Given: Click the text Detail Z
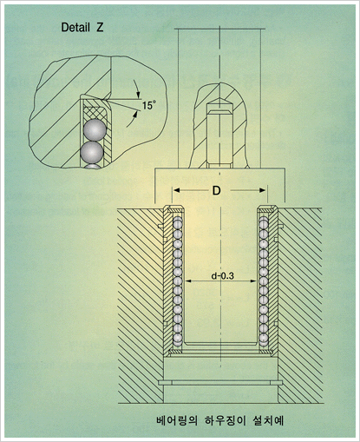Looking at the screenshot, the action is tap(82, 27).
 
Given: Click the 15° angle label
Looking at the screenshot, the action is tap(147, 105).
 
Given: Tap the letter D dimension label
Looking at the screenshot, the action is tap(216, 190).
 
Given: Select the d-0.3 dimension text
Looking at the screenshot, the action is tap(222, 276).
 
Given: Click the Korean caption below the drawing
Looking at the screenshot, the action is tap(219, 420).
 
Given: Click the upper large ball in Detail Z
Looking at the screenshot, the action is tap(95, 130).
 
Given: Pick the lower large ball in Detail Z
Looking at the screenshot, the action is tap(92, 152).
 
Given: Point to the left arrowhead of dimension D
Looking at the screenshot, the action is tap(176, 190).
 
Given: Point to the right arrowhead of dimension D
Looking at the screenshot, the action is tap(262, 190).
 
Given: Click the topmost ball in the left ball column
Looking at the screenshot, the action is tap(178, 222).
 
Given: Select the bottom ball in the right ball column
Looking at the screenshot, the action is tap(264, 339).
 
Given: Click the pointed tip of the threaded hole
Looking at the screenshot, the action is tap(219, 98).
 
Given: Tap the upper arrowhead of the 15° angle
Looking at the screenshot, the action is tap(138, 96).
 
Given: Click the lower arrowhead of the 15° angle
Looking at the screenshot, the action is tap(135, 115).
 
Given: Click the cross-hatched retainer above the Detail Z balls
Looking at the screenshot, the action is tap(95, 113).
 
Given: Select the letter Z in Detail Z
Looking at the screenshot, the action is tap(100, 27).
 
